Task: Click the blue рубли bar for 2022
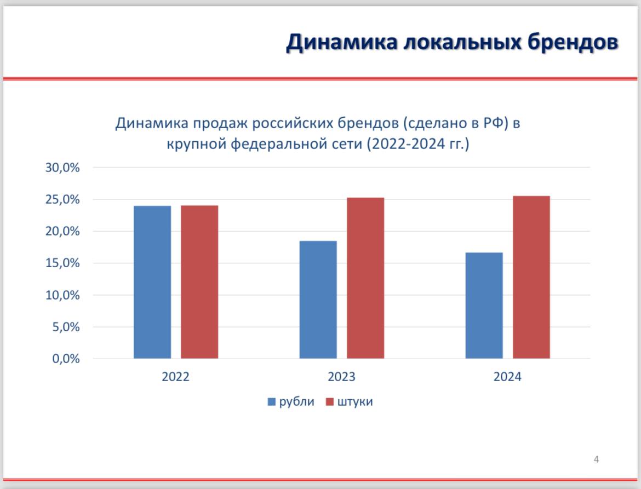(152, 283)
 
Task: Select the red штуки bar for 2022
(199, 282)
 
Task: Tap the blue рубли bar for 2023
(318, 300)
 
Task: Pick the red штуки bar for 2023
(365, 278)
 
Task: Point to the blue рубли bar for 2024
(484, 306)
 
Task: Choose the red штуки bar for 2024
(531, 278)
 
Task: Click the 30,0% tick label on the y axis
(62, 168)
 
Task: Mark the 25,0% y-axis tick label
(62, 199)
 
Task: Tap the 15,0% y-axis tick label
(62, 263)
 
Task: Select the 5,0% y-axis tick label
(66, 327)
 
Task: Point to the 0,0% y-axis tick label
(66, 359)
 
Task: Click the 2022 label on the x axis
(176, 377)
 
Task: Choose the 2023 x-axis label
(342, 377)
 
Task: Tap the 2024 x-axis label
(507, 377)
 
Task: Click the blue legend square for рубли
(271, 402)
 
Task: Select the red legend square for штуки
(329, 402)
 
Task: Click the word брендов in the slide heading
(573, 43)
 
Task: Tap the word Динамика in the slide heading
(342, 43)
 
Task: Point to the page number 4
(597, 459)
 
